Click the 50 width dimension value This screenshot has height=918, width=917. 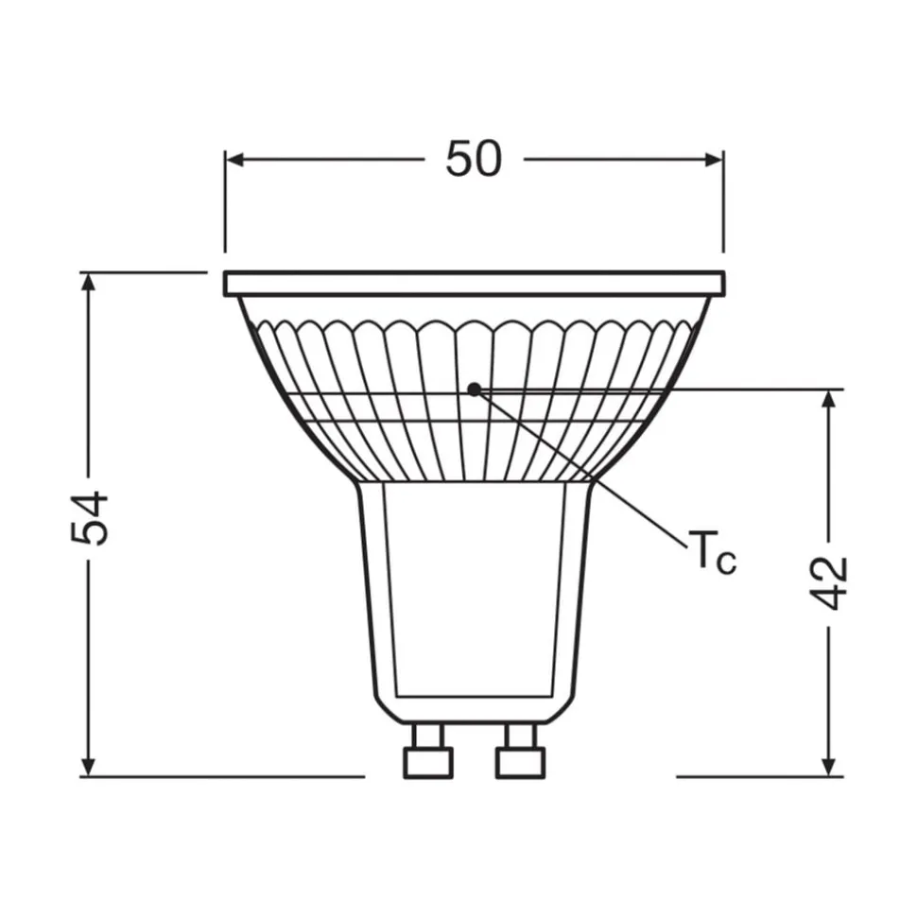point(474,159)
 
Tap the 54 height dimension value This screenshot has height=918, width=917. point(92,518)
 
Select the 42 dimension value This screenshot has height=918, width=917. point(831,583)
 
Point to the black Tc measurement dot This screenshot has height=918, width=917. point(474,388)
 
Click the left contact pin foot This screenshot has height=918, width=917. point(427,762)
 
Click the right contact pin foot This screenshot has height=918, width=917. point(520,762)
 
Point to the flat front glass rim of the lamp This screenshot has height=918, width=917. point(474,283)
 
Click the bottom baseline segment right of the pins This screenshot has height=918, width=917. point(756,777)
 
